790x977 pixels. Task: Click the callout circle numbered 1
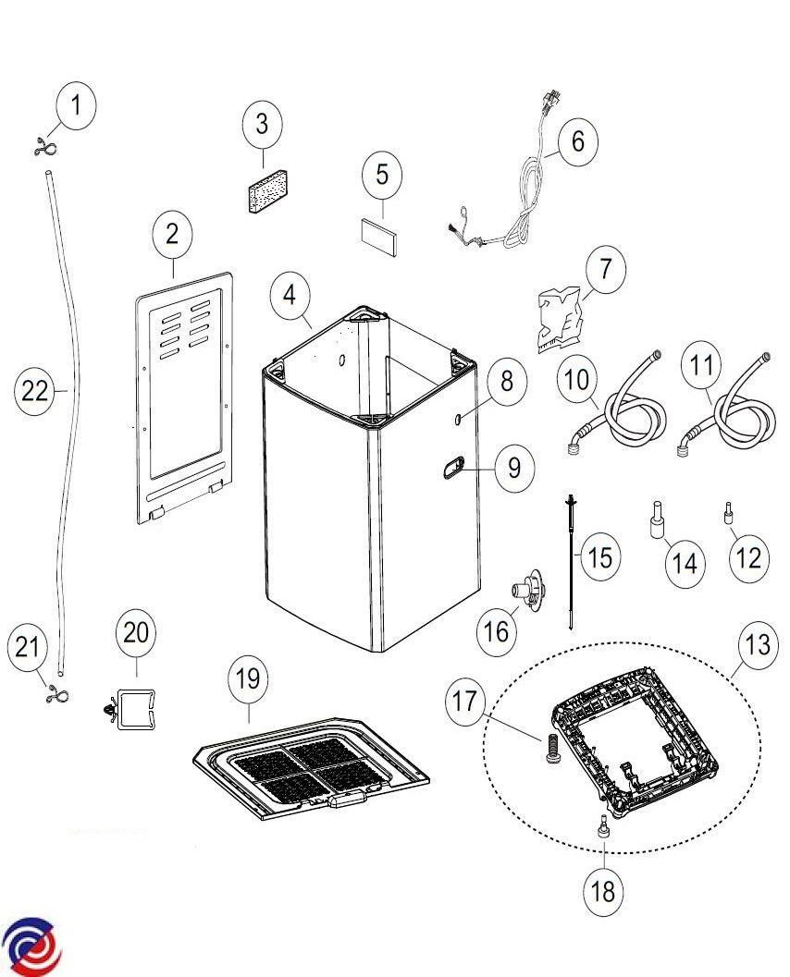(x=78, y=104)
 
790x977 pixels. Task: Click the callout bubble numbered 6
(x=578, y=141)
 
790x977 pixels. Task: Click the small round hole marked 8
(x=459, y=420)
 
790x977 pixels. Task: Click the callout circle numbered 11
(x=703, y=365)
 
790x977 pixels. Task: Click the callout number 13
(x=757, y=645)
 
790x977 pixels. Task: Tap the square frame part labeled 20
(x=133, y=709)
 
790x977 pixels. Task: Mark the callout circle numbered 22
(x=35, y=391)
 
